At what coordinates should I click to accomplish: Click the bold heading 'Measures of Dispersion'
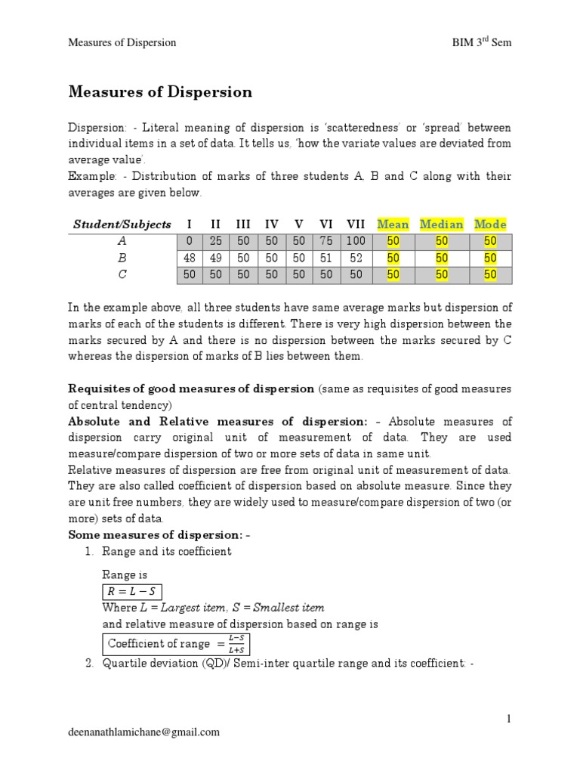pyautogui.click(x=160, y=92)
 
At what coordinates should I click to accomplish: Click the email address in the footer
pyautogui.click(x=144, y=731)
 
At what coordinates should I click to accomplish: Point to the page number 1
pyautogui.click(x=509, y=718)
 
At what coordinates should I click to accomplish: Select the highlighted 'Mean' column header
pyautogui.click(x=393, y=224)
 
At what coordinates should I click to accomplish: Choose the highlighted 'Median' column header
pyautogui.click(x=441, y=224)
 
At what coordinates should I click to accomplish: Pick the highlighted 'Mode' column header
pyautogui.click(x=490, y=224)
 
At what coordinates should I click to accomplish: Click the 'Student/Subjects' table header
pyautogui.click(x=122, y=224)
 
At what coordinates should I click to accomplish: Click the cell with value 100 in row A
pyautogui.click(x=355, y=241)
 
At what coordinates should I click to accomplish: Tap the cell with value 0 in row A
pyautogui.click(x=190, y=241)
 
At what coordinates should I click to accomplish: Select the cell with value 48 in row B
pyautogui.click(x=190, y=258)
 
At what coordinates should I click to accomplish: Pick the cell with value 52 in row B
pyautogui.click(x=355, y=258)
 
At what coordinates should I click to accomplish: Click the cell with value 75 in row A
pyautogui.click(x=326, y=241)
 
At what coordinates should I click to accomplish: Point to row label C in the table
pyautogui.click(x=122, y=275)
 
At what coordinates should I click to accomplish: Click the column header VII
pyautogui.click(x=355, y=224)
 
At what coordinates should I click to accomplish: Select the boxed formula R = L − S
pyautogui.click(x=132, y=591)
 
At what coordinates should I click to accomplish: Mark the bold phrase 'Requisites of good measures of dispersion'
pyautogui.click(x=191, y=389)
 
